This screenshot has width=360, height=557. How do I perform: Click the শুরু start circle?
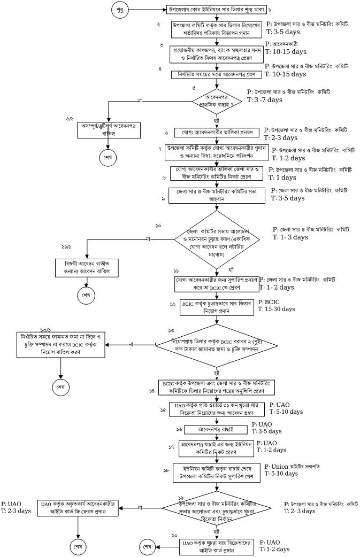(x=119, y=10)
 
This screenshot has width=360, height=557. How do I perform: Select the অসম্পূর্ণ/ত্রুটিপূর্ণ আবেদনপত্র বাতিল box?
(x=108, y=129)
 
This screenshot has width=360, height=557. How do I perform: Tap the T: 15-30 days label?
(x=276, y=309)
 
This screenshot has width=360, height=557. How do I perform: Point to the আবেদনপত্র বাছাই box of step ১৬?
(x=217, y=429)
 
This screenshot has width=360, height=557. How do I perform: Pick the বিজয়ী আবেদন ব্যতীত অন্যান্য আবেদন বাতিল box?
(x=86, y=266)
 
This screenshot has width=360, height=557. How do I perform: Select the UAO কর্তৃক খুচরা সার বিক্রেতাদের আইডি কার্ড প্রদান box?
(x=217, y=546)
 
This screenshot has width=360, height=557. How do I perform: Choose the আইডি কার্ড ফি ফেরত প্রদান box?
(x=80, y=507)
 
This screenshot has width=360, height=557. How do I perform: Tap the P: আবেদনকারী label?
(x=281, y=44)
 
